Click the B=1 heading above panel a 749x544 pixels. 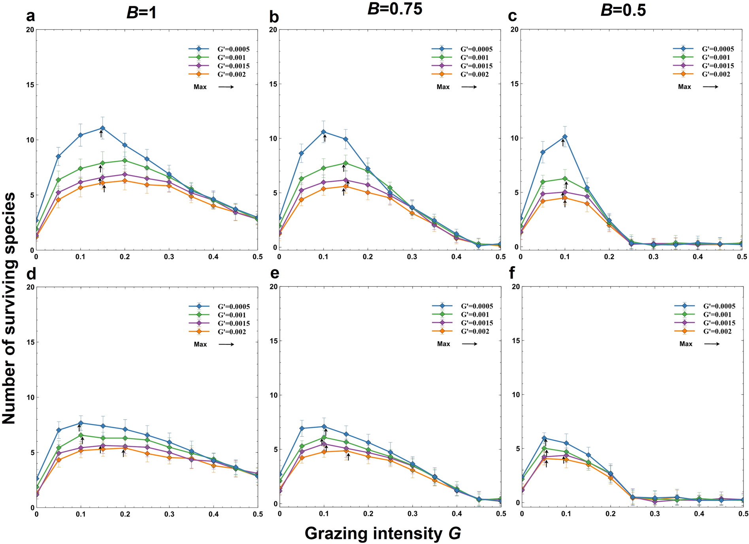click(141, 13)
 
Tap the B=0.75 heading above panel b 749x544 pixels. click(394, 8)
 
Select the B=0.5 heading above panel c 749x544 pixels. click(623, 10)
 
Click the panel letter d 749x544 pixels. click(31, 273)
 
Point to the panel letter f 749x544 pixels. click(512, 273)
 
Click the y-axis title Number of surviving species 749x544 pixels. click(9, 308)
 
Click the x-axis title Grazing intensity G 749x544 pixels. click(383, 533)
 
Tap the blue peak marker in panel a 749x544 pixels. click(102, 128)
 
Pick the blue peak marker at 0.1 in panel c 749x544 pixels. click(565, 137)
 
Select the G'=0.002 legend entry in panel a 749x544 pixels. click(231, 74)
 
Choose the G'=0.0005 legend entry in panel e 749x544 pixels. click(477, 306)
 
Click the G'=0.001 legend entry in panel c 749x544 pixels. click(716, 57)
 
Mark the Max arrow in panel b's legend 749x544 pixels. click(469, 87)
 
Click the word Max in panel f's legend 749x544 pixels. click(686, 344)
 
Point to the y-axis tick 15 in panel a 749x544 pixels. click(30, 85)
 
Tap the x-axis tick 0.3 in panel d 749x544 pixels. click(169, 514)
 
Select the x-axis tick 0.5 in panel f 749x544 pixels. click(743, 514)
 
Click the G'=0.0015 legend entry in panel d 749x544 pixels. click(233, 323)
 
